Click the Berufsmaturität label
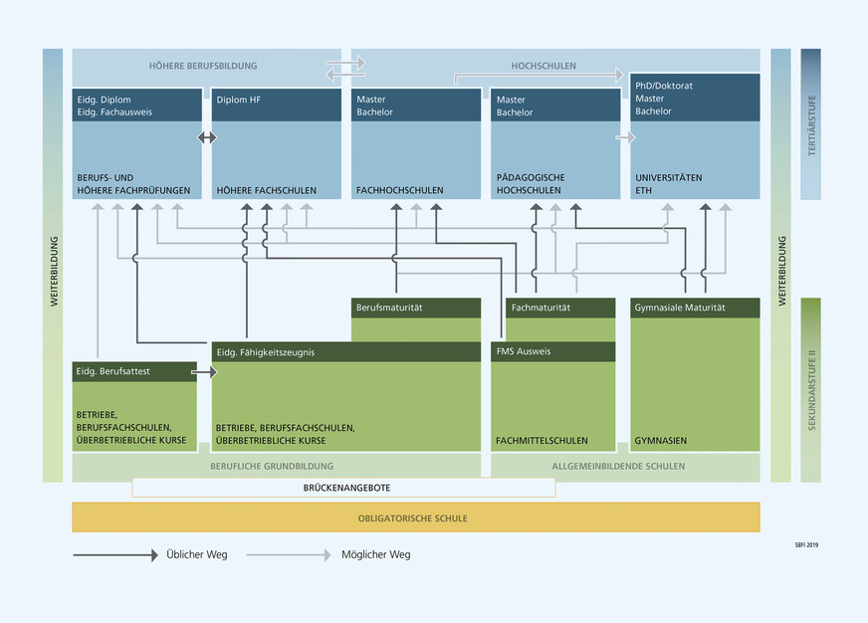click(x=389, y=309)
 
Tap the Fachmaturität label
click(x=541, y=309)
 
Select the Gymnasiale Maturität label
click(x=680, y=309)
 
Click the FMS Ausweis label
click(x=524, y=352)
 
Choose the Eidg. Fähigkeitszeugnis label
click(x=266, y=352)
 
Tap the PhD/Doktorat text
click(x=664, y=86)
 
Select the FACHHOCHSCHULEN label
click(x=399, y=190)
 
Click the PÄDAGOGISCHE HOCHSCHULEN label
click(x=529, y=183)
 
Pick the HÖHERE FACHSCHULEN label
click(x=267, y=190)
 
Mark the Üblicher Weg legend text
click(x=196, y=554)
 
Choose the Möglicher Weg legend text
click(x=375, y=554)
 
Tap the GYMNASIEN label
click(x=661, y=440)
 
